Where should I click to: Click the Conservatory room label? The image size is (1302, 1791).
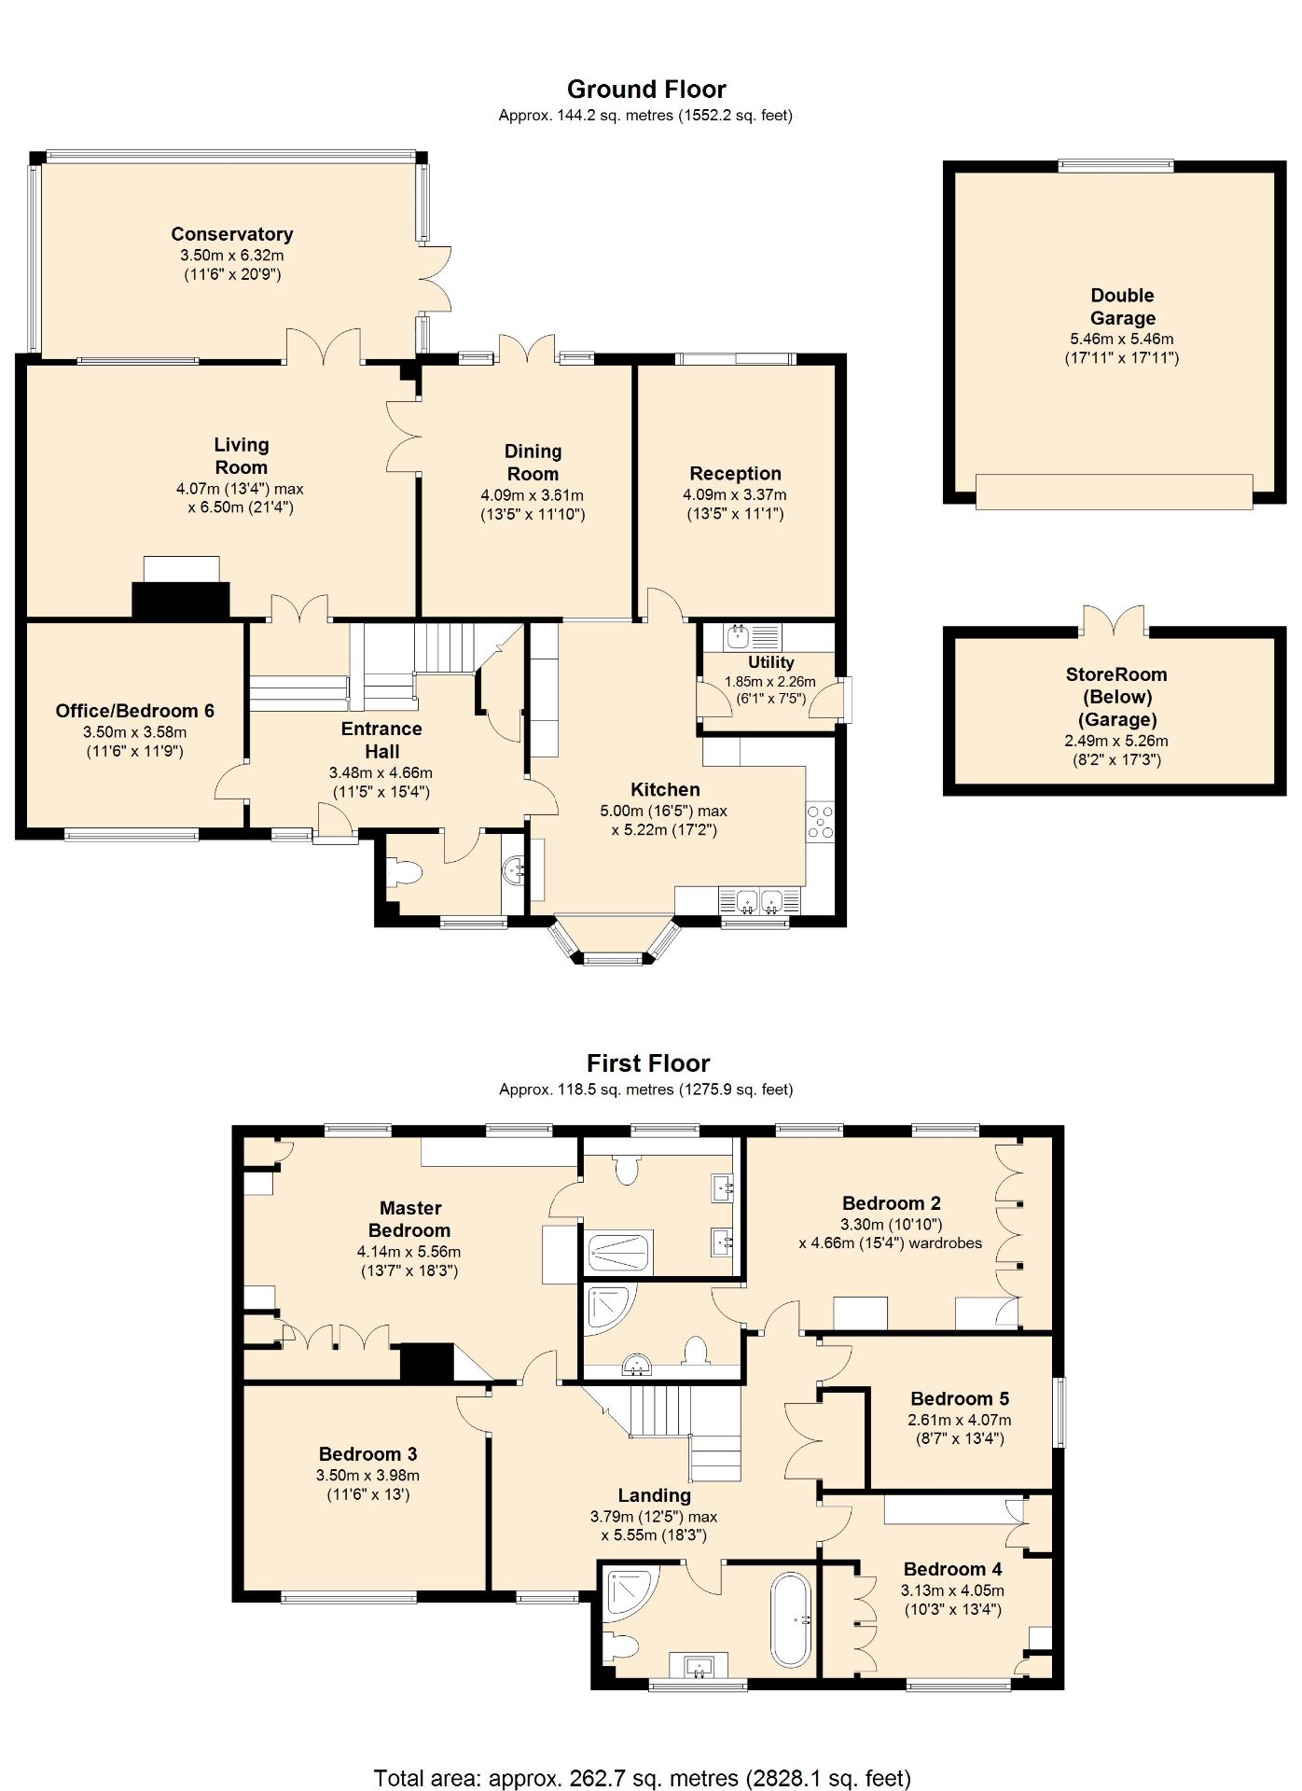[x=232, y=234]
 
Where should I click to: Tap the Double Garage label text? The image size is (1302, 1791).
[x=1122, y=307]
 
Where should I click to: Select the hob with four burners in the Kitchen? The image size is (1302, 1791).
[x=821, y=823]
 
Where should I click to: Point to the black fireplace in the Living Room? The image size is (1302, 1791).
[x=181, y=599]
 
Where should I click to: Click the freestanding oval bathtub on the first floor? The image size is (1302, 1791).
[x=791, y=1620]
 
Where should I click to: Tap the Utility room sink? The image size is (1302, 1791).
[x=738, y=637]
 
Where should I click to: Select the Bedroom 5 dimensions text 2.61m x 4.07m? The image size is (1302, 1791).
[x=959, y=1420]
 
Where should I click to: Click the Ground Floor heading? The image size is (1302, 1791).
[x=646, y=90]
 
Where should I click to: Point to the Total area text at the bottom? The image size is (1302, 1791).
[x=643, y=1778]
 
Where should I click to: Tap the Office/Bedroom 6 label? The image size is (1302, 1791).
[x=135, y=711]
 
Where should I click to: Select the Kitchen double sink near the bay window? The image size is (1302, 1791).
[x=759, y=901]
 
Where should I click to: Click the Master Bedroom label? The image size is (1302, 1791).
[x=409, y=1219]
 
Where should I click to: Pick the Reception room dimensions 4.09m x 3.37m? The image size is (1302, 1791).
[x=735, y=494]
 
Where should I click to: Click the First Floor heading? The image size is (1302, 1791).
[x=648, y=1063]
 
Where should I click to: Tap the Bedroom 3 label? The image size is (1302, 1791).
[x=367, y=1453]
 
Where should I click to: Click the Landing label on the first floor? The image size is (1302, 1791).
[x=654, y=1495]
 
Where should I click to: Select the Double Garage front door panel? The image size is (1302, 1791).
[x=1114, y=492]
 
